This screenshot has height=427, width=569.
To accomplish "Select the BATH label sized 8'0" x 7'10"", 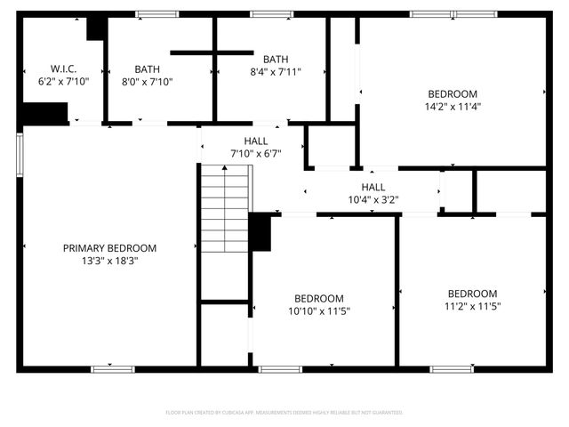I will click(148, 68).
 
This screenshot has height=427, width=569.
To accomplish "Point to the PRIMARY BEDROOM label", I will click(109, 248).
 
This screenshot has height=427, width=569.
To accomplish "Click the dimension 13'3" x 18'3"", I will click(109, 261).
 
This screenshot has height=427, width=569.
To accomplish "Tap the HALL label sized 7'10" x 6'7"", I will click(256, 141).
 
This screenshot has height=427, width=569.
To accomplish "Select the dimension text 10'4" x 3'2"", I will click(373, 199).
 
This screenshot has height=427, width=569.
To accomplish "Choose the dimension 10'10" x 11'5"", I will click(319, 311).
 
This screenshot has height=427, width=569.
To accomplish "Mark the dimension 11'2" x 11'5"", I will click(472, 306).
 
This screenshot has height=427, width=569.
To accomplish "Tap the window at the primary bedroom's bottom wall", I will click(113, 368).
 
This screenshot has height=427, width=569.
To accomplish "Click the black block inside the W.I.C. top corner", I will click(95, 28).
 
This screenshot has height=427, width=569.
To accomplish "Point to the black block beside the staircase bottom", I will click(260, 232).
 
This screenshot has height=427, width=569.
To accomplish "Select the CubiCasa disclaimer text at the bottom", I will click(284, 413).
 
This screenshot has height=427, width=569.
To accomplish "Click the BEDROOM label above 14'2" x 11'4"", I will click(453, 93).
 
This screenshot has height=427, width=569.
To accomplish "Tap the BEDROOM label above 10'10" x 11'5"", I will click(319, 299).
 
